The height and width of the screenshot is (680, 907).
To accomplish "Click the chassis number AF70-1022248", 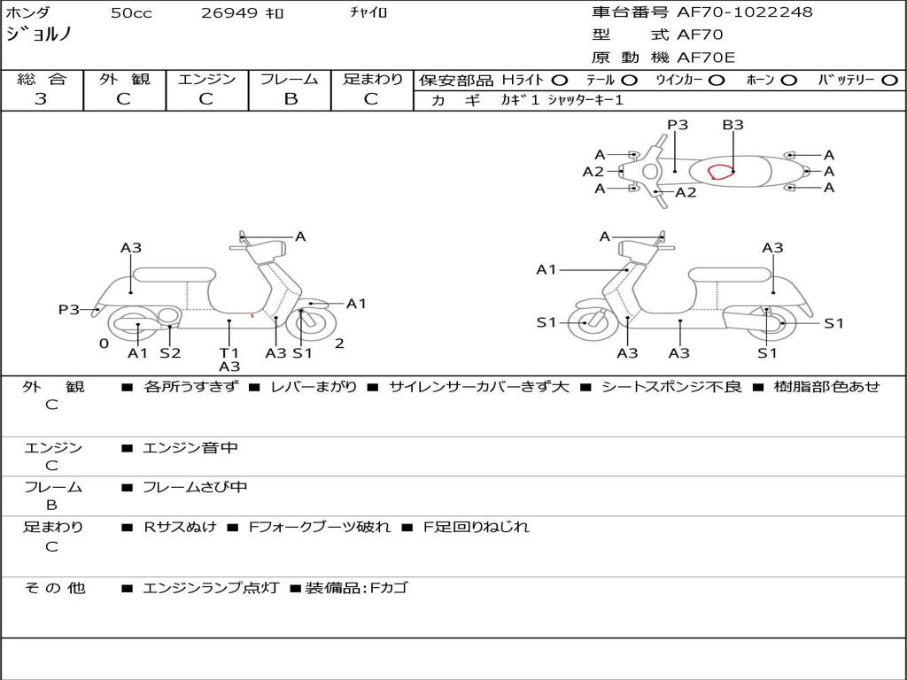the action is pyautogui.click(x=744, y=12).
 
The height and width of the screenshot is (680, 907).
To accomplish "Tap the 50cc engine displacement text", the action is pyautogui.click(x=131, y=12).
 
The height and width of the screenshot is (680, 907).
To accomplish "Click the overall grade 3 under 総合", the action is pyautogui.click(x=41, y=98).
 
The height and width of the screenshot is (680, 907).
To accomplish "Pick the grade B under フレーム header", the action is pyautogui.click(x=291, y=99).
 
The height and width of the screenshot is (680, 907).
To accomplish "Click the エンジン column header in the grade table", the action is pyautogui.click(x=206, y=79).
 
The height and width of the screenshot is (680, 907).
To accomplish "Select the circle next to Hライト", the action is pyautogui.click(x=560, y=81).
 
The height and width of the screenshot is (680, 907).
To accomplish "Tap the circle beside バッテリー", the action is pyautogui.click(x=889, y=81).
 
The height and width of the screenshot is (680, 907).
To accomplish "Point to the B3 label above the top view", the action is pyautogui.click(x=733, y=124).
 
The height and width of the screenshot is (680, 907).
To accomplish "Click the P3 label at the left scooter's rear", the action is pyautogui.click(x=69, y=309).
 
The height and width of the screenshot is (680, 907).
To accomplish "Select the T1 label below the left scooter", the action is pyautogui.click(x=229, y=352).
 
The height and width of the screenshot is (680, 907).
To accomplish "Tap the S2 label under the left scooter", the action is pyautogui.click(x=171, y=352).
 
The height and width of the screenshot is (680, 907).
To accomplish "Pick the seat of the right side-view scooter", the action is pyautogui.click(x=730, y=275).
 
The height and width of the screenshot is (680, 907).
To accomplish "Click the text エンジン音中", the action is pyautogui.click(x=190, y=447).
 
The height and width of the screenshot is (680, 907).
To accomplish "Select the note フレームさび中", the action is pyautogui.click(x=195, y=487).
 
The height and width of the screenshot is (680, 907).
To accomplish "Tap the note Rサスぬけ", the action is pyautogui.click(x=180, y=527).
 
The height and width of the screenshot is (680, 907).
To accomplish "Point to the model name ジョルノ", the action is pyautogui.click(x=39, y=35).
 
